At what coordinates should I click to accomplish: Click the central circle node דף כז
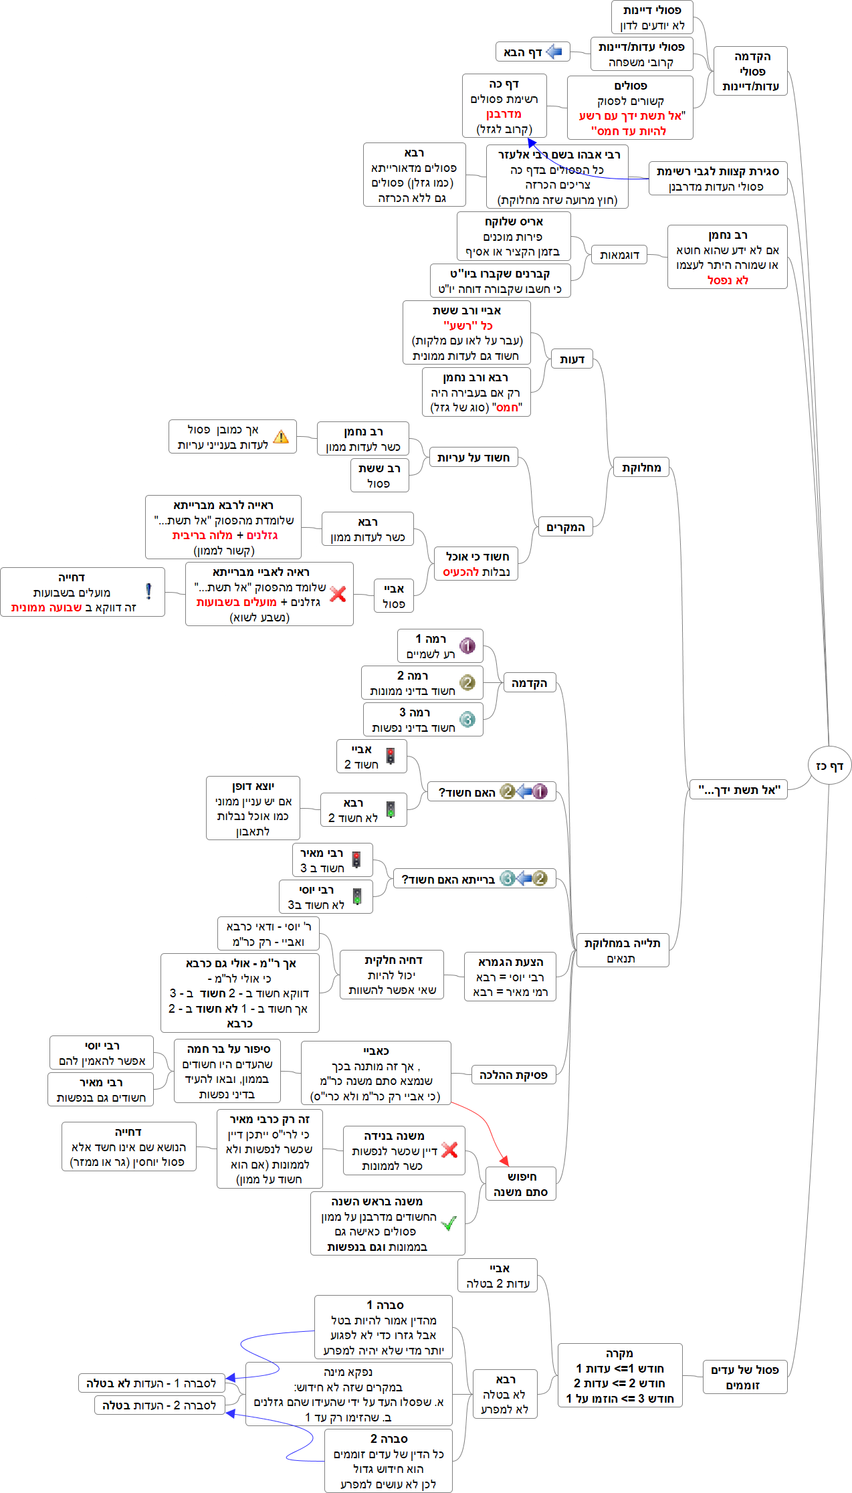[x=829, y=766]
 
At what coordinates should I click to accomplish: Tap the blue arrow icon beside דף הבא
[x=554, y=52]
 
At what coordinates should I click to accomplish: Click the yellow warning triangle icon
[x=282, y=437]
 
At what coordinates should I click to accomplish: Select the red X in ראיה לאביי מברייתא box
[x=338, y=594]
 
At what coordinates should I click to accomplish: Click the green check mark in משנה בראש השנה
[x=449, y=1223]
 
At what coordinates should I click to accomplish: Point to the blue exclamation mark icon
[x=148, y=591]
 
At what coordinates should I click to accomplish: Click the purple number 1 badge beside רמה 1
[x=467, y=646]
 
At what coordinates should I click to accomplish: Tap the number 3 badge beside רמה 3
[x=467, y=719]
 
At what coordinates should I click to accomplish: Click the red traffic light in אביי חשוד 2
[x=391, y=757]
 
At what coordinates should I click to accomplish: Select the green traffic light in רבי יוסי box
[x=357, y=896]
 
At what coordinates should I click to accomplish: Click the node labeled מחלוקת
[x=641, y=468]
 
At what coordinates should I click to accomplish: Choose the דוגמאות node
[x=619, y=255]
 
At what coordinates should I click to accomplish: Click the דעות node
[x=572, y=359]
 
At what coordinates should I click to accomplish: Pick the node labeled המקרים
[x=566, y=527]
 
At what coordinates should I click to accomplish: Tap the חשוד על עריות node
[x=473, y=458]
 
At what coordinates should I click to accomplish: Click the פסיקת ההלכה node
[x=513, y=1075]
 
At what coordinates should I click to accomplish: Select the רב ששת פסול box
[x=379, y=476]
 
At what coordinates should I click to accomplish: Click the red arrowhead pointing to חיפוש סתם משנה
[x=504, y=1161]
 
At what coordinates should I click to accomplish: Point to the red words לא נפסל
[x=728, y=280]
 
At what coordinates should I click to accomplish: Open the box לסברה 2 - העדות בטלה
[x=159, y=1405]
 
